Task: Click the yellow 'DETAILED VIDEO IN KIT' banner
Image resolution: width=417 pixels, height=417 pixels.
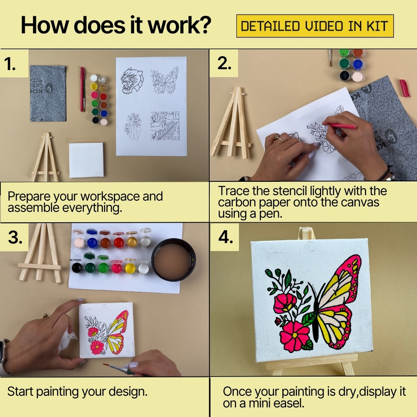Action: [315, 26]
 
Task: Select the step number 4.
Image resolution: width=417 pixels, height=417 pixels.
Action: [226, 237]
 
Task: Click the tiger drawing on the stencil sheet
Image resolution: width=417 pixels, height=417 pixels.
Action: [132, 80]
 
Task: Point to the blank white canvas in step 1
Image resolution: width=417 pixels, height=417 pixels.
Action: [86, 160]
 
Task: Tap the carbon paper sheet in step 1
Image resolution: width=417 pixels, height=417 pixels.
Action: [48, 93]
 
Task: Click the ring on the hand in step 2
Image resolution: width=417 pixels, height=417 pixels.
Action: [279, 139]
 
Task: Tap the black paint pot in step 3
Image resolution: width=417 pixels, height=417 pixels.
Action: [76, 266]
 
